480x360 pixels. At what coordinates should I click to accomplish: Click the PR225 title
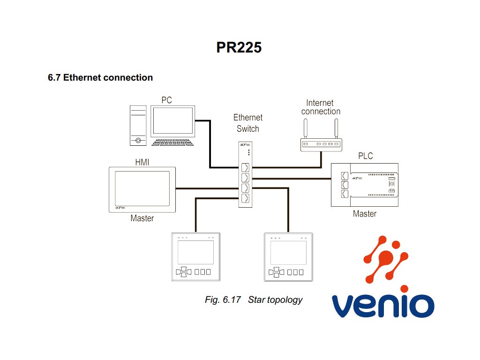(239, 47)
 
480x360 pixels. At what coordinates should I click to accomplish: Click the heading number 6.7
(54, 77)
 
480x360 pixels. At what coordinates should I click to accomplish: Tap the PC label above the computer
(166, 100)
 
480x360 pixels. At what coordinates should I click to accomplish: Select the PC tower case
(138, 126)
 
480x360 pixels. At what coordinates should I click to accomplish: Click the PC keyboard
(172, 142)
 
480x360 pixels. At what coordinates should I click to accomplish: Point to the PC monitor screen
(172, 120)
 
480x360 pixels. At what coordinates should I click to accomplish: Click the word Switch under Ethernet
(247, 128)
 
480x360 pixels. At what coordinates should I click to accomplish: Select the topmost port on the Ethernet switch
(245, 168)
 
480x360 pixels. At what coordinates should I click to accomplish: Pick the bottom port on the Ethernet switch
(245, 198)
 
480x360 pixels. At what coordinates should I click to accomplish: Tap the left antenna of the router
(305, 128)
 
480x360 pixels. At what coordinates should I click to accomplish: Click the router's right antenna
(336, 128)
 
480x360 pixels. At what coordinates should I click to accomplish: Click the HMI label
(142, 162)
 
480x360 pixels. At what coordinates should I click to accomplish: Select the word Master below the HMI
(142, 218)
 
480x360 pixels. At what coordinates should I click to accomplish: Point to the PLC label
(366, 156)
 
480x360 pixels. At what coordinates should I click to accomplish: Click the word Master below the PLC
(365, 214)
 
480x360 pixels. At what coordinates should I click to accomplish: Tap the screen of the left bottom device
(195, 253)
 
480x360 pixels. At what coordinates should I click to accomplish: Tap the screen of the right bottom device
(288, 253)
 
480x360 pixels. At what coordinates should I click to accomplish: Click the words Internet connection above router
(321, 107)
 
